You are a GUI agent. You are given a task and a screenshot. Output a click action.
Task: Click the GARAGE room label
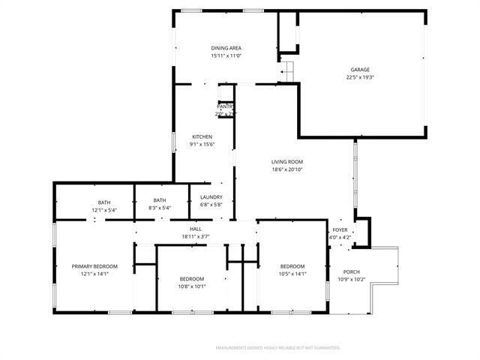pos(359,70)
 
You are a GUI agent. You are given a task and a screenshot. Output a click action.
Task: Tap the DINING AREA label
pos(226,48)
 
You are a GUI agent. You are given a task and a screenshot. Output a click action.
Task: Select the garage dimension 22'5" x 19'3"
pos(359,77)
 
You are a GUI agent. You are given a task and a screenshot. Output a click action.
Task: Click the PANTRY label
pos(226,106)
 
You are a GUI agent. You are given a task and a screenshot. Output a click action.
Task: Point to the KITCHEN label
pos(202,136)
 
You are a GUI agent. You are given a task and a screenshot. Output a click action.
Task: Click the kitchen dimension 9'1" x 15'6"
pos(202,144)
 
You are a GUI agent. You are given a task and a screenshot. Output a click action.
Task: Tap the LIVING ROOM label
pos(287,161)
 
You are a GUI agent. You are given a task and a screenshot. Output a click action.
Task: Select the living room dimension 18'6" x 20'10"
pos(287,169)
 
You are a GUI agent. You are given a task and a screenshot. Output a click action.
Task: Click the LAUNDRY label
pos(211,197)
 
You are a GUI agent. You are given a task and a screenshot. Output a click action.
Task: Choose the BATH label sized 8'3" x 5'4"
pos(160,200)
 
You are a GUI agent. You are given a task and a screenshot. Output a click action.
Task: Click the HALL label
pos(195,229)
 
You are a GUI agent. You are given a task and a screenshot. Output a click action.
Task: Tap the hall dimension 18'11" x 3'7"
pos(195,236)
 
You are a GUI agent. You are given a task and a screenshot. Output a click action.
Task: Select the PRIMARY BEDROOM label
pos(95,266)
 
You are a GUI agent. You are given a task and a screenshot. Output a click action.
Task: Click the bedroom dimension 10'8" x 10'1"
pos(191,286)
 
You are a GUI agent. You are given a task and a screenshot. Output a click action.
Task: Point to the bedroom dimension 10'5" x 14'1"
pos(292,274)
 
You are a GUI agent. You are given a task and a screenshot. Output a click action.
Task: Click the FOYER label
pos(340,230)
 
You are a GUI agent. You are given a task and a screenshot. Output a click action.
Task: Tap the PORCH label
pos(351,271)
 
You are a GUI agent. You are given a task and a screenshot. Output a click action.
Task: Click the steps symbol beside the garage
pos(286,71)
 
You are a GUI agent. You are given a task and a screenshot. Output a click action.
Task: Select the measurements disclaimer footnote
pos(277,348)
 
